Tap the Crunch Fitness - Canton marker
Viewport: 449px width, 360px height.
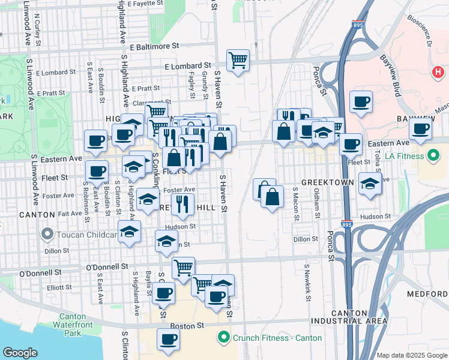click(x=224, y=338)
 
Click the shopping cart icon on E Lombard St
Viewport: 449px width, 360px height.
click(x=238, y=60)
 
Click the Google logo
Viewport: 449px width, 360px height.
click(x=20, y=352)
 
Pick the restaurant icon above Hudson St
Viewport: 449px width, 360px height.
click(x=181, y=204)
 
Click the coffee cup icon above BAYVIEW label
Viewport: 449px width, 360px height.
click(x=361, y=102)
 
